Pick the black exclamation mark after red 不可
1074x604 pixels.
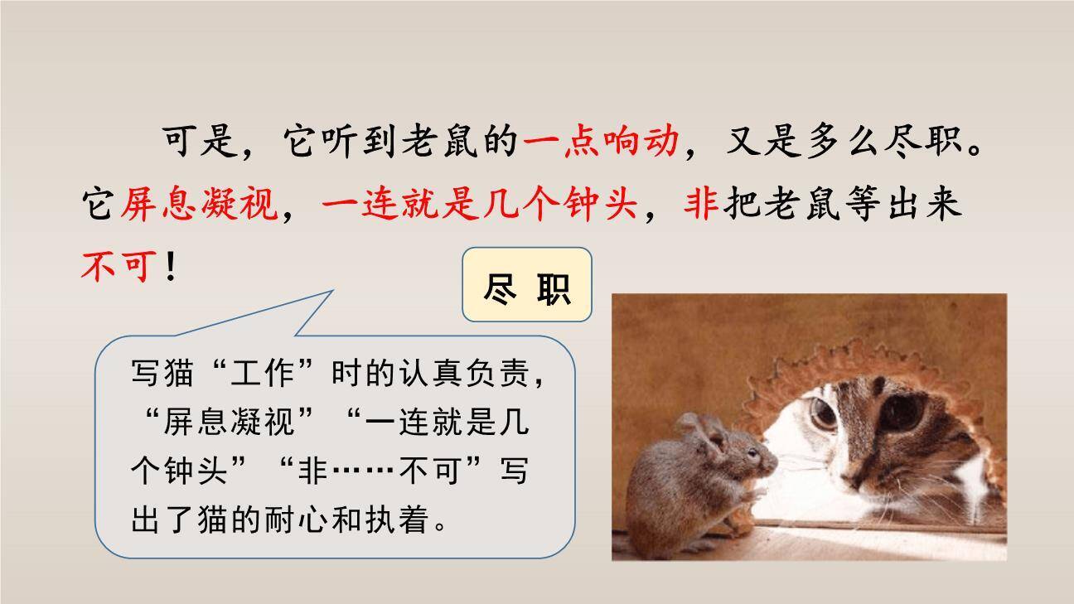(x=171, y=266)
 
